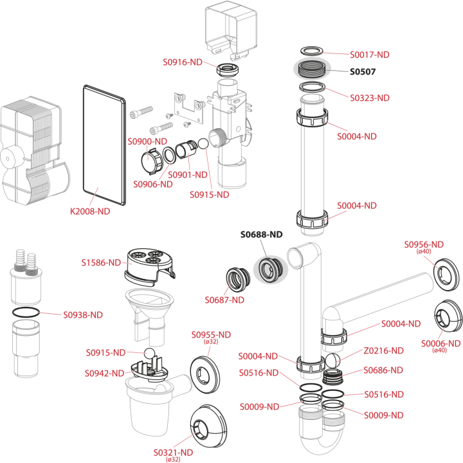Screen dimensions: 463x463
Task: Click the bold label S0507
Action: (363, 72)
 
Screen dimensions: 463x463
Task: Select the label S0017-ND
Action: (370, 55)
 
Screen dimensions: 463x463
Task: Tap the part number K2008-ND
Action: (90, 212)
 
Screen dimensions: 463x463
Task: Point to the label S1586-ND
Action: (101, 262)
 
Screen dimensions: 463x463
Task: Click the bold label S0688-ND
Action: (261, 235)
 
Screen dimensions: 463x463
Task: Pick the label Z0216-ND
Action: (383, 351)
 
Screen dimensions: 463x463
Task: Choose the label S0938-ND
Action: (83, 315)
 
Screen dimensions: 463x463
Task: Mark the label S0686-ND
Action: (383, 370)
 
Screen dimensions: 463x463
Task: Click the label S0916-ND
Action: (183, 62)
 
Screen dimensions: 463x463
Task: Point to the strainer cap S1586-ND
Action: (150, 267)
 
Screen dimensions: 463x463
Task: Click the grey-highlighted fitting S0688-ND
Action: (271, 269)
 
